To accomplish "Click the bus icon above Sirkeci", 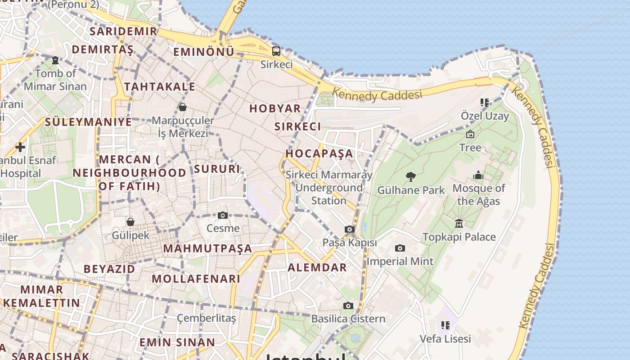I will point(276,51).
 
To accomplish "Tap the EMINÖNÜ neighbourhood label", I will point(204,52).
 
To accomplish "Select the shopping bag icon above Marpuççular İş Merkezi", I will point(183,107).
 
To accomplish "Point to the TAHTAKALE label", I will point(159,86).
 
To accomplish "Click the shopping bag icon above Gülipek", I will point(130,222).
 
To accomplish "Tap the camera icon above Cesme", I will point(222,216).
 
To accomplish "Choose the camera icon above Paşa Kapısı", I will point(349,229).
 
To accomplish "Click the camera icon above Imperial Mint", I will point(400,248).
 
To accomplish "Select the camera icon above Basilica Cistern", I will point(348,306).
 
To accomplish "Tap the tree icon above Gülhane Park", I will point(410,177).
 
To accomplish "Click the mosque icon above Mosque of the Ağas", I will point(478,175).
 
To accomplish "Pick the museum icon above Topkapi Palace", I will point(459,223).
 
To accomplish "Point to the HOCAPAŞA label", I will point(319,153).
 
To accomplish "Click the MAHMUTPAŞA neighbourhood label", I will point(207,248).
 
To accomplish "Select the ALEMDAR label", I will point(317,267).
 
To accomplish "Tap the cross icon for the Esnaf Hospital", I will point(20,147).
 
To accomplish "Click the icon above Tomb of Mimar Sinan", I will point(55,60).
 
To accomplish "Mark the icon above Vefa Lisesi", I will point(445,325).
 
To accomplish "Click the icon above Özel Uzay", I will point(484,103).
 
